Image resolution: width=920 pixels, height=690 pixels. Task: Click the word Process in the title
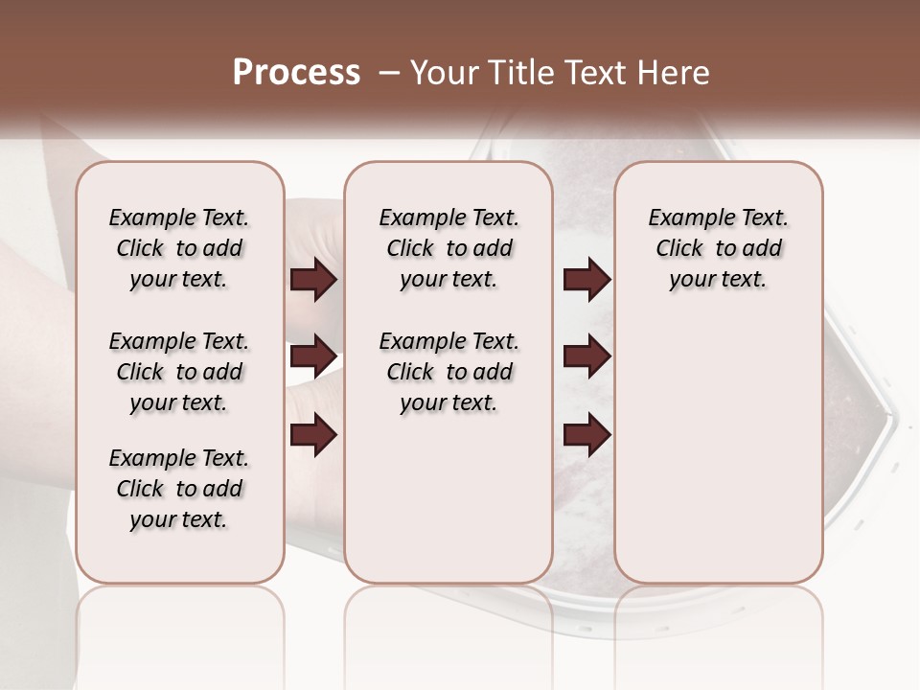(x=296, y=73)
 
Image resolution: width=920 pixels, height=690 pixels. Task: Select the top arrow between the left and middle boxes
(x=313, y=280)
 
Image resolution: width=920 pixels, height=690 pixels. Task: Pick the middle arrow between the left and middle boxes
(x=313, y=356)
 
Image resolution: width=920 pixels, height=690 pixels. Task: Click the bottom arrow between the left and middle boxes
(x=313, y=435)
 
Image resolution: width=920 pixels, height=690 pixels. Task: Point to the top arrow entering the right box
(x=587, y=280)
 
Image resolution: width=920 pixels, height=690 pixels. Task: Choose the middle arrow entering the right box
(x=587, y=356)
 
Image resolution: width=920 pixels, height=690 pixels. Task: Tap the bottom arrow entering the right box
(x=587, y=435)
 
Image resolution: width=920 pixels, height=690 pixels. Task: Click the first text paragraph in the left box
(x=179, y=248)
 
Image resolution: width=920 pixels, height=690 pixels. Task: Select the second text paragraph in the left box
(x=179, y=372)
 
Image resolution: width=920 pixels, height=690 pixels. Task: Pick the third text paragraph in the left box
(x=179, y=489)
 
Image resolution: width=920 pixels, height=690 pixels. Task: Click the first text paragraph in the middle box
(x=449, y=248)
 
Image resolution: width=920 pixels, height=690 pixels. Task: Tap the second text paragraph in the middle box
(x=449, y=372)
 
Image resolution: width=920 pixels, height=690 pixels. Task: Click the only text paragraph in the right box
(x=719, y=248)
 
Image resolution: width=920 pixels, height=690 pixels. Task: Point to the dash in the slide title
(x=389, y=73)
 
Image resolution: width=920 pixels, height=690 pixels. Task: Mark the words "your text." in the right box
(x=719, y=280)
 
